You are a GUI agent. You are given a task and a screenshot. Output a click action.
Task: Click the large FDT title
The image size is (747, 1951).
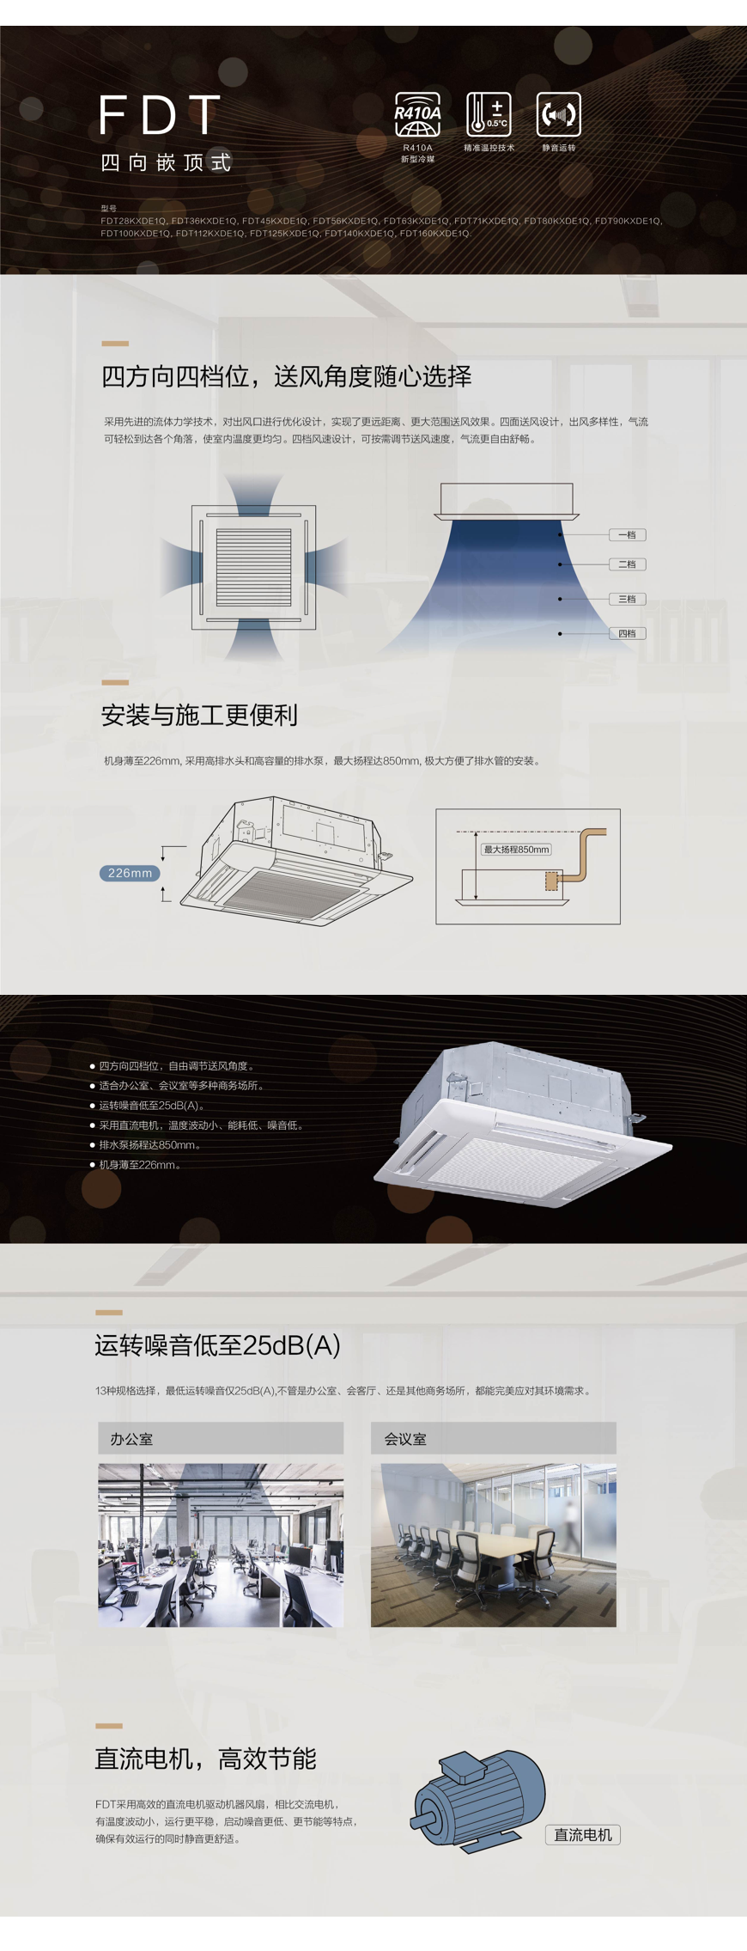(160, 115)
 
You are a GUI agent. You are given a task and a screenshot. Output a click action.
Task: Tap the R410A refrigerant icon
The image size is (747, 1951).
(418, 114)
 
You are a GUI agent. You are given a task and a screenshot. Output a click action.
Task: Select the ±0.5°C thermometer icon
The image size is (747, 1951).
(489, 114)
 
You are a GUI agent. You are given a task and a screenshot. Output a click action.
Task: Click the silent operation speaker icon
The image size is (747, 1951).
(559, 114)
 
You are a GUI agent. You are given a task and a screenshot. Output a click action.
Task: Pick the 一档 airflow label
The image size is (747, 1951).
(628, 534)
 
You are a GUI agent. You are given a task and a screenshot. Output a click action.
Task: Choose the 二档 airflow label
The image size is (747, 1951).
(628, 564)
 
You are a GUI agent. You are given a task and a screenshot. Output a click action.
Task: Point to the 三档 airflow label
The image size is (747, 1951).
(628, 599)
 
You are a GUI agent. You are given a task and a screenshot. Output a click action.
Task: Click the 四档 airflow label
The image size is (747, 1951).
(628, 633)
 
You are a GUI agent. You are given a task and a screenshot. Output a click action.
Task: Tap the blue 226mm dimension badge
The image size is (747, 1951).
(130, 873)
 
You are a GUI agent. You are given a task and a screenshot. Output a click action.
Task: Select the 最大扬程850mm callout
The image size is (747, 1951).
(516, 850)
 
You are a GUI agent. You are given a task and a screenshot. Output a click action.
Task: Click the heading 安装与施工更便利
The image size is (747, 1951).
(199, 715)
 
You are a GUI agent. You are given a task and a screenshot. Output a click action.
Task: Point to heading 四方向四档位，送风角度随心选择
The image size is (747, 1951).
(287, 376)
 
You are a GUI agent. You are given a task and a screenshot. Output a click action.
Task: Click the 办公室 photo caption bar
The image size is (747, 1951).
(221, 1438)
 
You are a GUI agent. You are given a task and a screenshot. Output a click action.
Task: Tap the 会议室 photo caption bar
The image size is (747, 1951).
(494, 1438)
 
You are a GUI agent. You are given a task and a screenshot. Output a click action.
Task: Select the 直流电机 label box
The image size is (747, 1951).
(583, 1835)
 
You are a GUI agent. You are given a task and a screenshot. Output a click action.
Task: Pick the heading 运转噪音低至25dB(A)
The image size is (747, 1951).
(217, 1344)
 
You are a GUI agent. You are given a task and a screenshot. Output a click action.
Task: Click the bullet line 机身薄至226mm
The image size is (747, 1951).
(140, 1165)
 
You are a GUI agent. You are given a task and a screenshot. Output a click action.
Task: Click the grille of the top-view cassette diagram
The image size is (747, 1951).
(253, 567)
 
